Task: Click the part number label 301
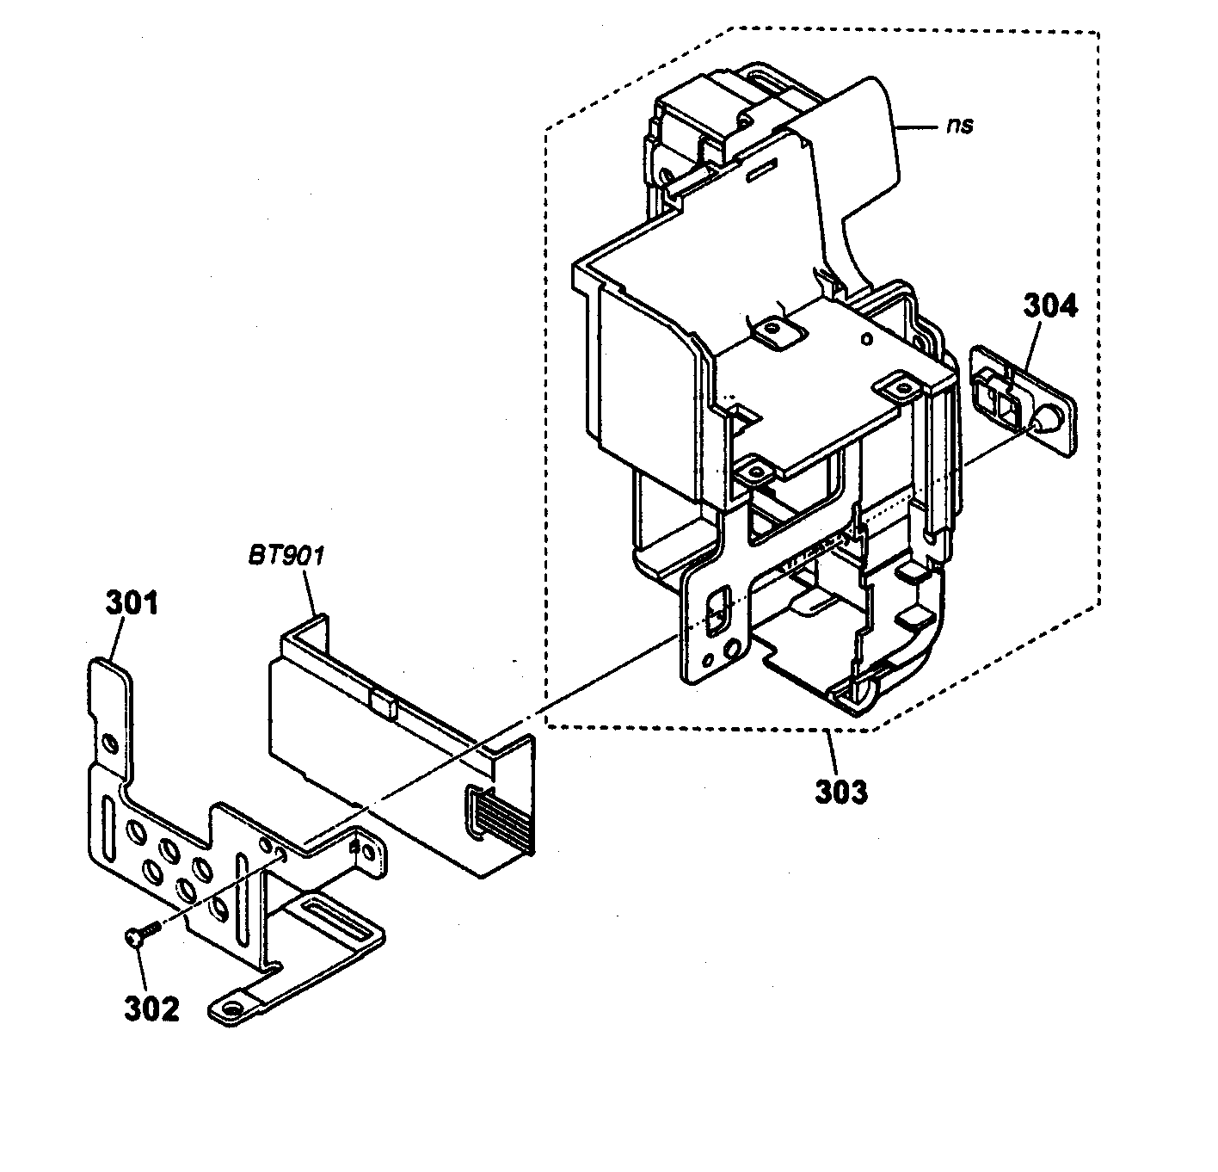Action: pyautogui.click(x=132, y=602)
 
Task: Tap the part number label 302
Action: pyautogui.click(x=151, y=1008)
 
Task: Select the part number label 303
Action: pyautogui.click(x=840, y=790)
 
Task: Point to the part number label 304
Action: pyautogui.click(x=1049, y=305)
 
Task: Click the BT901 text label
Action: pyautogui.click(x=286, y=557)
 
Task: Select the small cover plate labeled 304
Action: pyautogui.click(x=1024, y=401)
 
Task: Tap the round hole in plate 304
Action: pyautogui.click(x=1049, y=420)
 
